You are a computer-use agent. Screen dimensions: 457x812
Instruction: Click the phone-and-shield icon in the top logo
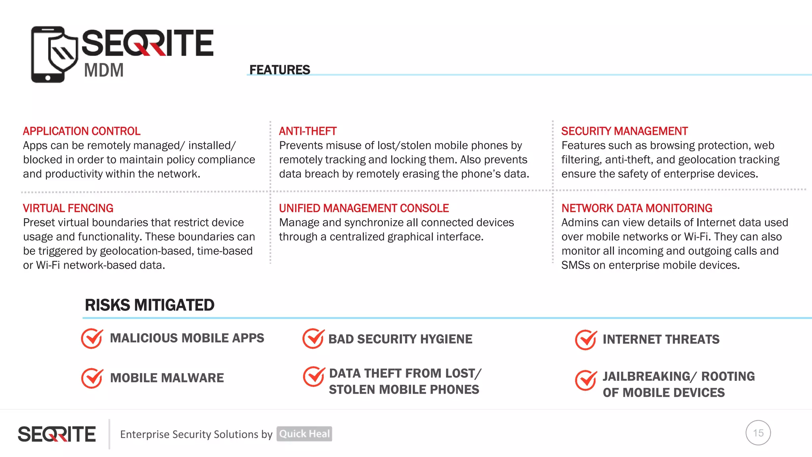54,54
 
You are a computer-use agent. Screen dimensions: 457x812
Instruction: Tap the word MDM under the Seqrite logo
104,71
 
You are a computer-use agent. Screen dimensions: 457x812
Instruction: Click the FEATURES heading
280,70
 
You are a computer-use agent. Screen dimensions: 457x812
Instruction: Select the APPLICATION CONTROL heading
82,131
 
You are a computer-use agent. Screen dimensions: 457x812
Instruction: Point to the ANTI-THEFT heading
308,131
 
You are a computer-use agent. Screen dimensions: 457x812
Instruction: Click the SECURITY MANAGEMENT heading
624,131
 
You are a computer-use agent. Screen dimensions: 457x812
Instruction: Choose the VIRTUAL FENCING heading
68,208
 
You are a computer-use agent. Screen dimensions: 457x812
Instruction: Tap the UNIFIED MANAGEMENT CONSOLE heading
364,208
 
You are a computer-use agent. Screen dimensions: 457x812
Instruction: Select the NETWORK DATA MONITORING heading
637,208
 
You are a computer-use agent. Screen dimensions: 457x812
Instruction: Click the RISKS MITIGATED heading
149,305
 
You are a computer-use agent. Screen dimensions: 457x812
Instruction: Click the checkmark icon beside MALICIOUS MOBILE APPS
92,338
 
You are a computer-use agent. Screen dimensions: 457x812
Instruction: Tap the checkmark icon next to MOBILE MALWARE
92,378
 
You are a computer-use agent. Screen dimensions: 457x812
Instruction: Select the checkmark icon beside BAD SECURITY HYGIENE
313,338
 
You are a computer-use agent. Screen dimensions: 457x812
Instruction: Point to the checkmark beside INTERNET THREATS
586,340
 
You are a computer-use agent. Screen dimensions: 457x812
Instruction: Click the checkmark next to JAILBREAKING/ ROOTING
586,380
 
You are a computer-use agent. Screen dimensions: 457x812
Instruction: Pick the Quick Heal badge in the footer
304,434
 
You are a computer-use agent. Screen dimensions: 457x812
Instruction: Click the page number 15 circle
758,433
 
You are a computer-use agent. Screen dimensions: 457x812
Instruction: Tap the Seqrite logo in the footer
57,434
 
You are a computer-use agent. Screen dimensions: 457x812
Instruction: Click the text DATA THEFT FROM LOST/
405,373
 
